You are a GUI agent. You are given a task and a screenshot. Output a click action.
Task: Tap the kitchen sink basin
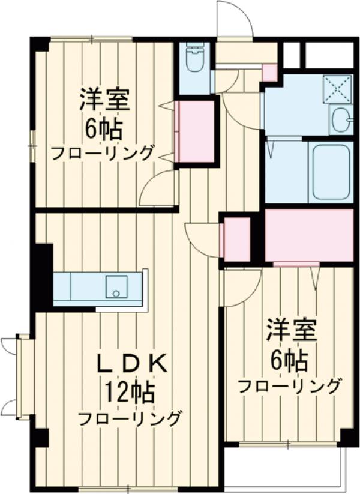pos(116,286)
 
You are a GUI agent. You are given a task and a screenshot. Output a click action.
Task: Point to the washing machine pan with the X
pos(337,89)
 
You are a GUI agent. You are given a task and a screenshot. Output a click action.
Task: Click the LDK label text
pos(131,364)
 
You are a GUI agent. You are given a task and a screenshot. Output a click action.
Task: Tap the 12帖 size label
pos(131,393)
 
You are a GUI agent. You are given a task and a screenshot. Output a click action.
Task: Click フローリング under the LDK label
pos(130,418)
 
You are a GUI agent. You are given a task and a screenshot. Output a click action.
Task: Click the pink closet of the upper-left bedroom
pos(197,131)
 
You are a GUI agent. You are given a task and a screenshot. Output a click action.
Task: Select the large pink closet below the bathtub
pos(308,235)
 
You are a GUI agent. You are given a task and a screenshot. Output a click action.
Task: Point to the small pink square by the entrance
pos(270,72)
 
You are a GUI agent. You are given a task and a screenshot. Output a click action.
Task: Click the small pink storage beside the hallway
pos(236,239)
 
